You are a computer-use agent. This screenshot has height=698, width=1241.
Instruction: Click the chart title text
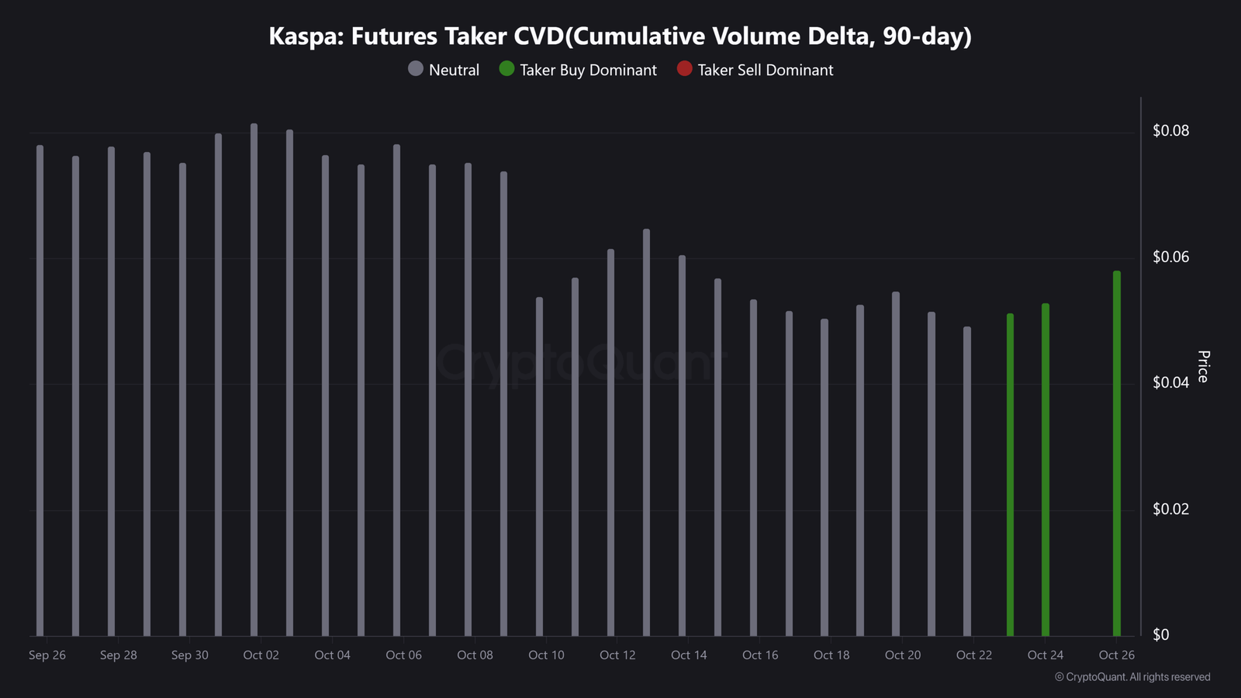click(620, 36)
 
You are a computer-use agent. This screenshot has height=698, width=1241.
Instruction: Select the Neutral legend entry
click(444, 70)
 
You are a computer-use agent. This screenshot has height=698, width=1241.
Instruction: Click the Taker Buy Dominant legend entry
click(578, 70)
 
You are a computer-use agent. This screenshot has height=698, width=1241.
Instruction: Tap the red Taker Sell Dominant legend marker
click(685, 69)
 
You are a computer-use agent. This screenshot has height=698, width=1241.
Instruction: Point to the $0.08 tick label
click(1170, 131)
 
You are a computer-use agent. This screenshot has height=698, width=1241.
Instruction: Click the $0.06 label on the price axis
click(1170, 257)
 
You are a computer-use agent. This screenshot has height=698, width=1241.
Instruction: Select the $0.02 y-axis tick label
click(1170, 509)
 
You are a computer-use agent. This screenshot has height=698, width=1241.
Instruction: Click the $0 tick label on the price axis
click(1161, 635)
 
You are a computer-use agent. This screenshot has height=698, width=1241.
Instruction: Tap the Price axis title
click(1203, 366)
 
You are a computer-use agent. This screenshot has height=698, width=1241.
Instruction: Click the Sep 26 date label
click(47, 655)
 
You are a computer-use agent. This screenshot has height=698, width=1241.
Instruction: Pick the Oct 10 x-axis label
click(546, 655)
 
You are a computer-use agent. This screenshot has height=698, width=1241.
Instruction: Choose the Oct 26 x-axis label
click(1116, 655)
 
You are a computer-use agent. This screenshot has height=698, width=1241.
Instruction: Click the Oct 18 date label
click(831, 655)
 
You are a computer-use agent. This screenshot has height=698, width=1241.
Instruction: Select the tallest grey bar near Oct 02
click(254, 379)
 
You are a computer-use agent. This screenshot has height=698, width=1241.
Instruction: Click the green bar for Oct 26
click(1117, 453)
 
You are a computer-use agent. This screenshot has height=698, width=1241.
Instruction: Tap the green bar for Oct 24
click(1046, 470)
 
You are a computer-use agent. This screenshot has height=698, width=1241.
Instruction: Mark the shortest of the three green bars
click(1010, 475)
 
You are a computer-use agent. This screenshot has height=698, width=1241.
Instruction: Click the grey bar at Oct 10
click(540, 466)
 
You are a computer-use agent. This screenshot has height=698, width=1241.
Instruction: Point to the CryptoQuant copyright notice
click(1132, 677)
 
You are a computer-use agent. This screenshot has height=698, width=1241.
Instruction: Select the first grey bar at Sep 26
click(40, 391)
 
